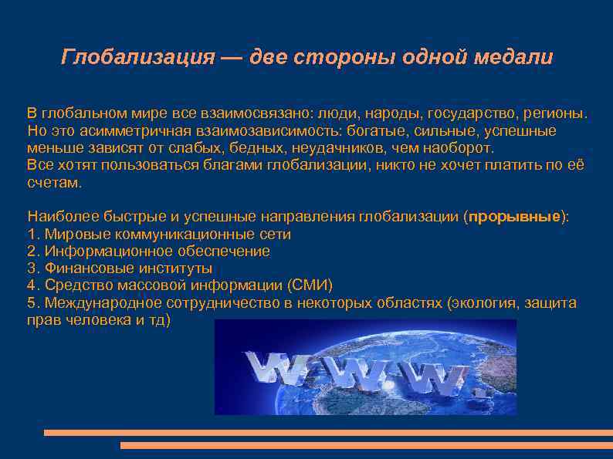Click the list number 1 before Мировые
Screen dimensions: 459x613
click(31, 234)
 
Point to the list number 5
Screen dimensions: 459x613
click(31, 303)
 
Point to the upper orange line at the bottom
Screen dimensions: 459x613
click(327, 433)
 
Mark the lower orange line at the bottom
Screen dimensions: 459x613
click(366, 446)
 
